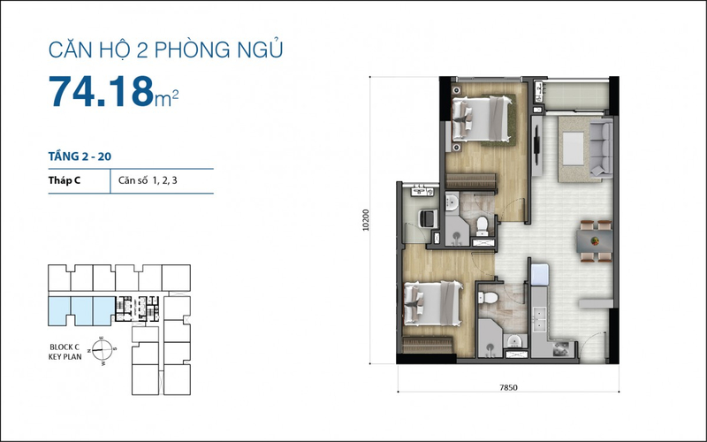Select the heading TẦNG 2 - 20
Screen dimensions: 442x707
[80, 156]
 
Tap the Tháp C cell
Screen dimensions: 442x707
[66, 181]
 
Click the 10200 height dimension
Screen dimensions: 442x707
[366, 218]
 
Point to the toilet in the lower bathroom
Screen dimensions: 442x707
[490, 299]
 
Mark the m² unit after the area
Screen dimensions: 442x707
[167, 101]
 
